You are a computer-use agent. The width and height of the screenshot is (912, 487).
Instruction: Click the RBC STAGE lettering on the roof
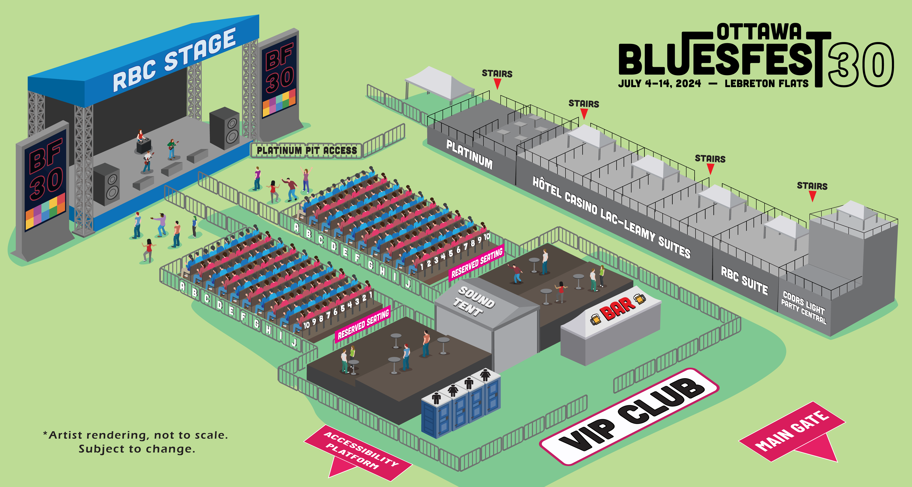click(174, 60)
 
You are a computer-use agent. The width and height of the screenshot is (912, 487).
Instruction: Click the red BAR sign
click(618, 309)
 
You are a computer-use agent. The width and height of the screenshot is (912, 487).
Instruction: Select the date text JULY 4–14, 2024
click(659, 83)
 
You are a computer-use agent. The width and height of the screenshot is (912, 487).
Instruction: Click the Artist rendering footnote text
click(136, 442)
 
